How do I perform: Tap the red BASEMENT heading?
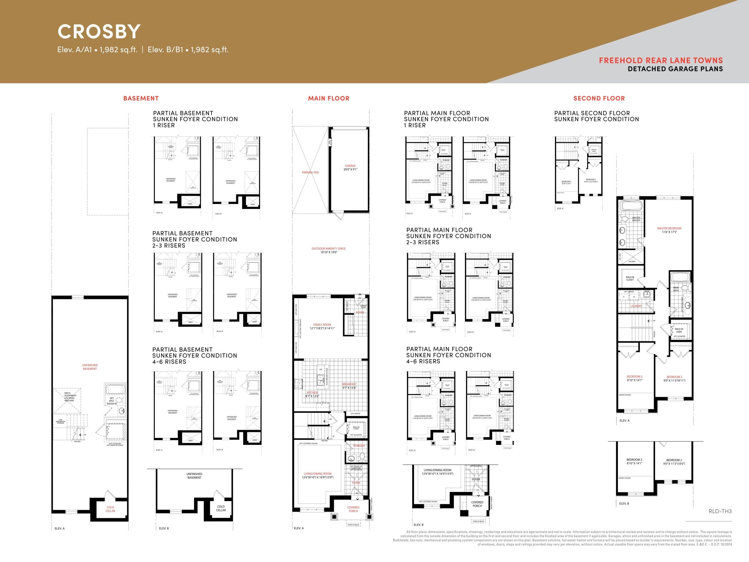click(141, 98)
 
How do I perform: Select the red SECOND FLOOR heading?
click(599, 98)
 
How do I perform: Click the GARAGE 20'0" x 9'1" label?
click(350, 167)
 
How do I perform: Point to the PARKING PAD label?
click(310, 172)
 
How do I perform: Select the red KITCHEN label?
click(312, 392)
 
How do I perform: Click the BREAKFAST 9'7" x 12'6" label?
click(349, 386)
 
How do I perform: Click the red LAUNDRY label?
click(636, 306)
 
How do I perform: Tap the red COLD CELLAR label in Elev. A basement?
click(110, 509)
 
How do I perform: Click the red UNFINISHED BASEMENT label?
click(90, 367)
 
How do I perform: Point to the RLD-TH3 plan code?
click(720, 511)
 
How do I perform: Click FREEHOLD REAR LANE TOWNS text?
click(661, 60)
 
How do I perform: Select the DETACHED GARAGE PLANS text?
click(675, 69)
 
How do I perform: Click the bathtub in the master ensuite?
click(631, 206)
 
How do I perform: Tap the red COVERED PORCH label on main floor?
click(353, 509)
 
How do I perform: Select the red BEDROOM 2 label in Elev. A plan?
click(674, 377)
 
